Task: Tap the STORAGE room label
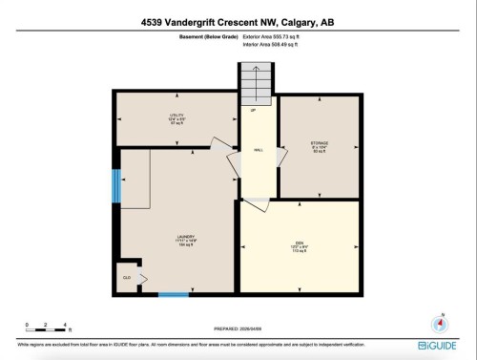[x=320, y=149]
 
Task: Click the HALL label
[x=258, y=151]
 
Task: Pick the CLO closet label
[x=126, y=278]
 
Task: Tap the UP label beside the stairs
[x=253, y=111]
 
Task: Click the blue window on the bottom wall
[x=173, y=294]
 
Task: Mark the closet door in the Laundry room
[x=141, y=278]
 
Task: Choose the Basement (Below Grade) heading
[x=205, y=36]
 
